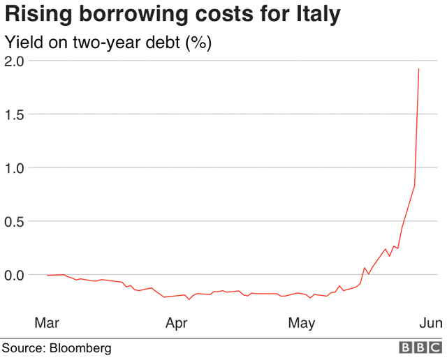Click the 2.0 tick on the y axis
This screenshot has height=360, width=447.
coord(15,61)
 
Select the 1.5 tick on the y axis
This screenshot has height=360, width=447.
coord(15,114)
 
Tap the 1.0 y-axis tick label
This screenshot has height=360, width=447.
coord(15,168)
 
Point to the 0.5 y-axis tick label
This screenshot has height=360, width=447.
coord(15,221)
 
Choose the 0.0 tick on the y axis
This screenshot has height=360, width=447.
coord(15,275)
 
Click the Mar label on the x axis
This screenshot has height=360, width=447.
coord(47,322)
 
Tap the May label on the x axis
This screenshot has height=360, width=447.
coord(302,322)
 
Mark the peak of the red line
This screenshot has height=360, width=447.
coord(418,69)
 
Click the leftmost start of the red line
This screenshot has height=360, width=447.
coord(47,276)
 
